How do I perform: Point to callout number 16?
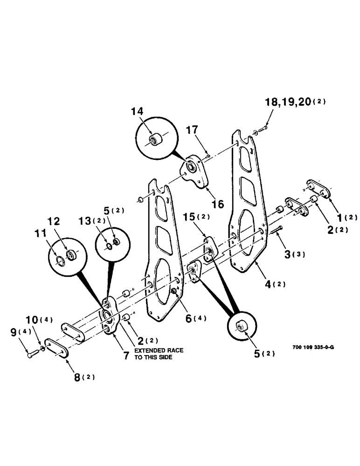click(x=218, y=204)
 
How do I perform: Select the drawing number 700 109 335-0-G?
click(x=313, y=347)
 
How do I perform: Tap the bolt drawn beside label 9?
click(x=31, y=356)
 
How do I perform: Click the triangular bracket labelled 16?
click(x=196, y=171)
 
